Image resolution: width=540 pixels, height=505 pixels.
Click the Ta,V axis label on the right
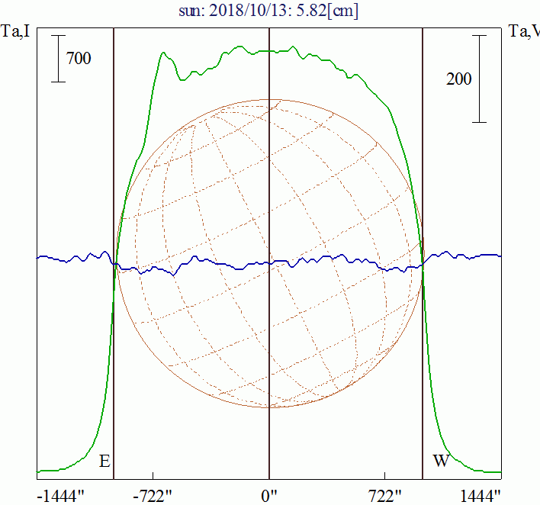(524, 31)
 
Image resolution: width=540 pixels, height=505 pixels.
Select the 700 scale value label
(79, 58)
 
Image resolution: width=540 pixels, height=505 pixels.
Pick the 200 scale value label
(458, 79)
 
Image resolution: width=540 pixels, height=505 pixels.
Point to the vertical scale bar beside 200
(479, 79)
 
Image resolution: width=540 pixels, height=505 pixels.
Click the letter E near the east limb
(104, 462)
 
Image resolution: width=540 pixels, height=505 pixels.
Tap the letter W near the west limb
(441, 462)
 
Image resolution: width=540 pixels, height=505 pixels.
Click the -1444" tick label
(60, 495)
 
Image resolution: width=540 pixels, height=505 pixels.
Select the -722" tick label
(154, 495)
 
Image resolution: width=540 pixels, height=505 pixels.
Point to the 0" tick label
(269, 495)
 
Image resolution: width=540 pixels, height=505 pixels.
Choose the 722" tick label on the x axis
(385, 495)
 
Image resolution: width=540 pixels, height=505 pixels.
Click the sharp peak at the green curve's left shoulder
(163, 53)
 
